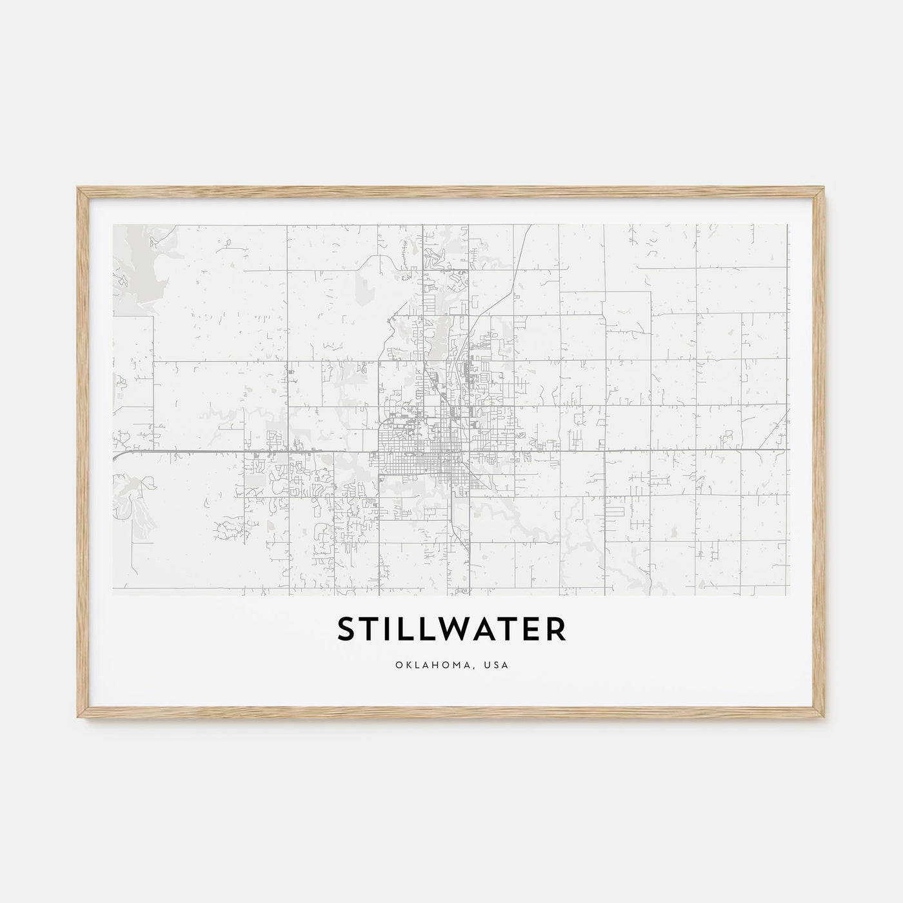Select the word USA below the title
coord(497,665)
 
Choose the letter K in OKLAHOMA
coord(408,665)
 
